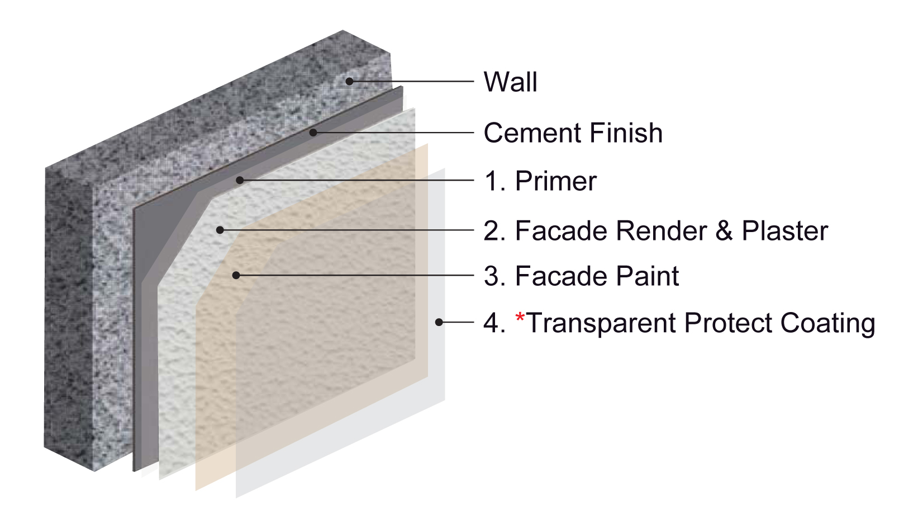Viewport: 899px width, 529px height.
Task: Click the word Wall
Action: click(x=510, y=82)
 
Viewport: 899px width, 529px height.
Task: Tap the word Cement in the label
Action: click(x=532, y=133)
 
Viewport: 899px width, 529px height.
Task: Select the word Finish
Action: click(x=626, y=133)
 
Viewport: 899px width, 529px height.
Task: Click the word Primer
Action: click(x=556, y=181)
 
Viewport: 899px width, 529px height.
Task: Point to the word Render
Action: click(x=660, y=231)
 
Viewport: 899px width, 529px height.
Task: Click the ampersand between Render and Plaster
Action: click(x=724, y=231)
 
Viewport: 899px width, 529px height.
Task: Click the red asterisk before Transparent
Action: click(x=520, y=317)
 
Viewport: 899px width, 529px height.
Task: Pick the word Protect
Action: click(x=728, y=323)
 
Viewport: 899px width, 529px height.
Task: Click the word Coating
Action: click(x=827, y=324)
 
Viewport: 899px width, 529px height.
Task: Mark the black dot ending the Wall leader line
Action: click(x=350, y=82)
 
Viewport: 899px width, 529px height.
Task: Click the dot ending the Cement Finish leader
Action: click(x=313, y=133)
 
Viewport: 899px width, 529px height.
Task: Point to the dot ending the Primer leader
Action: click(x=240, y=181)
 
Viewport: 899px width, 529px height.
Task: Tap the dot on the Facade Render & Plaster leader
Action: click(x=220, y=230)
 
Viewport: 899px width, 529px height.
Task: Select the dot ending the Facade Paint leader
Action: click(x=236, y=275)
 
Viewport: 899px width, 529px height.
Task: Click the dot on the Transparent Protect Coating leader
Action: click(x=439, y=322)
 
